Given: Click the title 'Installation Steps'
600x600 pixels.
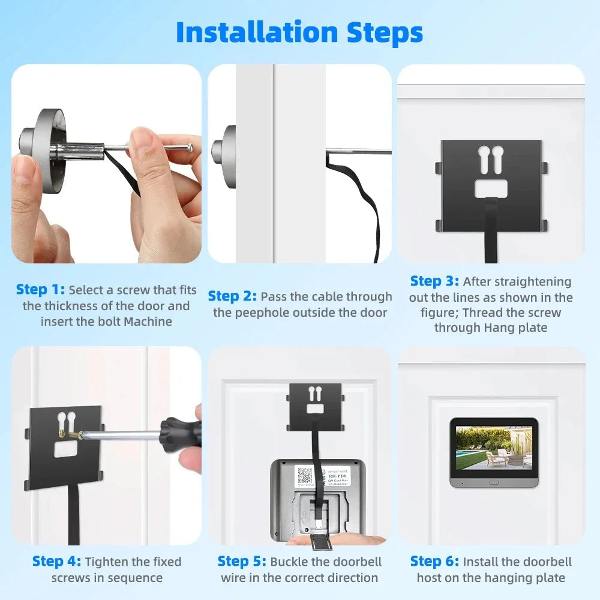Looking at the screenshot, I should [x=299, y=32].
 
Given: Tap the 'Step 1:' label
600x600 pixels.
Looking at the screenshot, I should [x=40, y=290].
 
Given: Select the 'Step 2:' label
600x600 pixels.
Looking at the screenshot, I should [x=232, y=296].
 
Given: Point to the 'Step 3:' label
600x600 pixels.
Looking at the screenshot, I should [x=434, y=281].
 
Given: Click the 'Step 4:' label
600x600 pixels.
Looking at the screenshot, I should [x=56, y=562].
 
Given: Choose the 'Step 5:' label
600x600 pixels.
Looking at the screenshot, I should [x=242, y=562].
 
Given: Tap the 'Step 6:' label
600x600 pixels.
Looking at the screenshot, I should [x=434, y=562].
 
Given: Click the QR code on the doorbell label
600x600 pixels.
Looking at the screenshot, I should [x=305, y=475].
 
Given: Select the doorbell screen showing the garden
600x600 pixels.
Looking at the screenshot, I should [x=493, y=448].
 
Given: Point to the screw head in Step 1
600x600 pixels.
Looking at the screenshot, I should [x=190, y=146].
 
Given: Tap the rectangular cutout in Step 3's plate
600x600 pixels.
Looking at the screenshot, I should [x=491, y=190].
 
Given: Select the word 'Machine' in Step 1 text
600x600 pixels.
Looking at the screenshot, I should [x=148, y=322].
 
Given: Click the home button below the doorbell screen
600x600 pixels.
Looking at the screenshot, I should [x=493, y=482].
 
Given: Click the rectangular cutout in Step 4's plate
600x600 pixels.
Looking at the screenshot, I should [x=66, y=450].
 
